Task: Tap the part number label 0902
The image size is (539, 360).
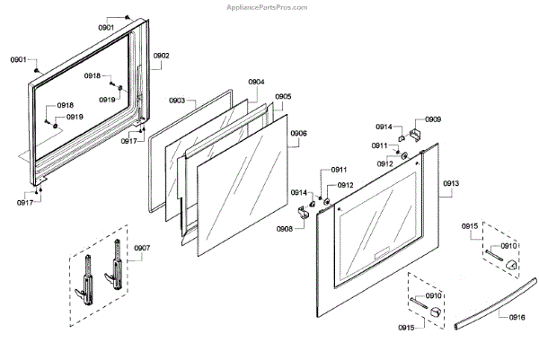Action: (x=161, y=56)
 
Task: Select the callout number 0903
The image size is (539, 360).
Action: (x=176, y=101)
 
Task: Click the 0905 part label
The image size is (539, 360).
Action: (x=282, y=96)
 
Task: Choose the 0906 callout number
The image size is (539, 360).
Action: (x=298, y=133)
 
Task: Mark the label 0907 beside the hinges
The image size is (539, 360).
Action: (x=142, y=248)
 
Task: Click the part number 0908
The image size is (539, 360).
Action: (x=285, y=229)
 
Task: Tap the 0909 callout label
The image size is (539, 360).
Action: (x=433, y=119)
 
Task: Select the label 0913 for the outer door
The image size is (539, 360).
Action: (x=450, y=183)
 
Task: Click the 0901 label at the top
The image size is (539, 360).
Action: (x=106, y=28)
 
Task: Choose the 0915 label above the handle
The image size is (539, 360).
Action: (x=471, y=225)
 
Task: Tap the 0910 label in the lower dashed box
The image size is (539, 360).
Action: (x=433, y=295)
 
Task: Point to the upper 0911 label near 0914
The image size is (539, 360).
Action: (x=380, y=145)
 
